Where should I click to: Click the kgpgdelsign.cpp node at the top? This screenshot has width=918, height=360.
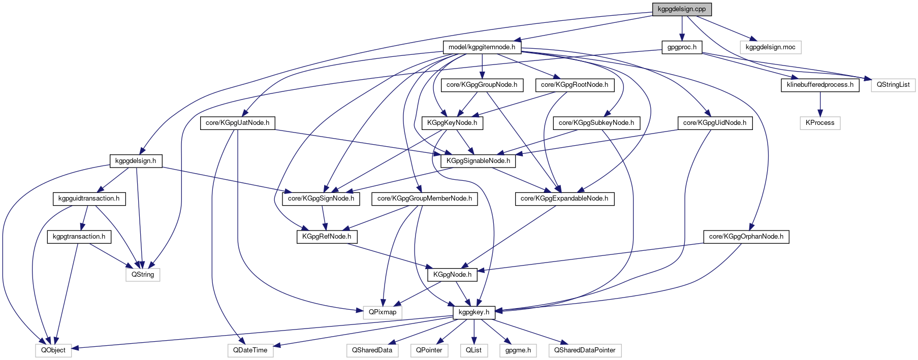click(x=681, y=9)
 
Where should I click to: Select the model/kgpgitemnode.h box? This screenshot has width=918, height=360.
click(x=482, y=47)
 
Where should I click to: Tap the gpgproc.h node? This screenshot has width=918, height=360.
click(x=682, y=47)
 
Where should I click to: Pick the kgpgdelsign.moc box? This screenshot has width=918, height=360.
click(x=770, y=47)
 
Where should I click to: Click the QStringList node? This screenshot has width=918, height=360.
click(x=893, y=85)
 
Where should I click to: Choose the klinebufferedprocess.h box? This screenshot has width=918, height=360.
click(x=820, y=85)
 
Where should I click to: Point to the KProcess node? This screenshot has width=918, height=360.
click(x=820, y=123)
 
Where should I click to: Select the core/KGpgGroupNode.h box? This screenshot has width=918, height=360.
click(x=482, y=85)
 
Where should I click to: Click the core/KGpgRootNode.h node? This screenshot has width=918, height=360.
click(x=574, y=85)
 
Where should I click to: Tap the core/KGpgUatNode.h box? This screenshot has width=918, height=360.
click(x=237, y=123)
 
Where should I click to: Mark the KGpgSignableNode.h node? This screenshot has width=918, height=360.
click(x=478, y=161)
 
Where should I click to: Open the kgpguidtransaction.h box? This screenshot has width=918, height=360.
click(x=89, y=199)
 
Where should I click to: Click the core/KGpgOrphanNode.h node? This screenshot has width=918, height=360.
click(x=746, y=237)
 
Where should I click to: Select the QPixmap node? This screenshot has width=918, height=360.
click(x=382, y=312)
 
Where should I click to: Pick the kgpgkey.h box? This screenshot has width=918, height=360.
click(x=473, y=312)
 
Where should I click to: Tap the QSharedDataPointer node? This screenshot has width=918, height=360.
click(x=584, y=350)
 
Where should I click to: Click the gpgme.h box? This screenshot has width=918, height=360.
click(x=518, y=350)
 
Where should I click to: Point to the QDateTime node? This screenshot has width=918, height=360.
click(x=250, y=350)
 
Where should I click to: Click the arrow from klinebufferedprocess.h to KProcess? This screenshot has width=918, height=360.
click(x=820, y=104)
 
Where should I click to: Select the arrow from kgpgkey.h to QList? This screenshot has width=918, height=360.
click(x=473, y=331)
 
